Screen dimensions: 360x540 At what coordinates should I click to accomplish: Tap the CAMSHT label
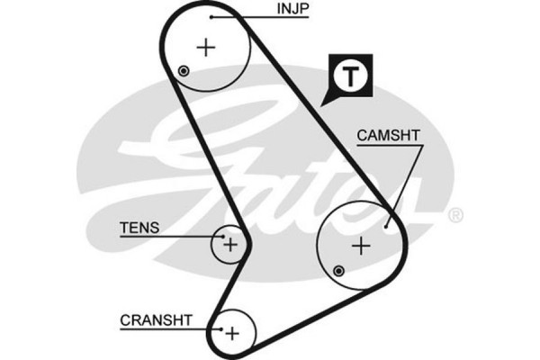click(x=389, y=136)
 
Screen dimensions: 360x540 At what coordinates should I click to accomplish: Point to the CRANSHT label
click(x=156, y=319)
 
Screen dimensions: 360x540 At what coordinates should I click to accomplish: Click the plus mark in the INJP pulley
click(x=207, y=47)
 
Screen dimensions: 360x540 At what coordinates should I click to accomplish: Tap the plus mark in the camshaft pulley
click(x=361, y=245)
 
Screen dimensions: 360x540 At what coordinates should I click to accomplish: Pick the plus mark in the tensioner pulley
click(x=230, y=243)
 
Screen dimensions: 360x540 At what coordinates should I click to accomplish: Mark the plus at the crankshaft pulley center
click(x=232, y=333)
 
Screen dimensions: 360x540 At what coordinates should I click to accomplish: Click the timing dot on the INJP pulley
click(x=184, y=71)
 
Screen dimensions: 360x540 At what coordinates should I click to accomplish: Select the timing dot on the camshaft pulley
click(x=338, y=270)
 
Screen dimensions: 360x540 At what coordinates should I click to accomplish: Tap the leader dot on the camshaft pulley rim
click(x=386, y=226)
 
